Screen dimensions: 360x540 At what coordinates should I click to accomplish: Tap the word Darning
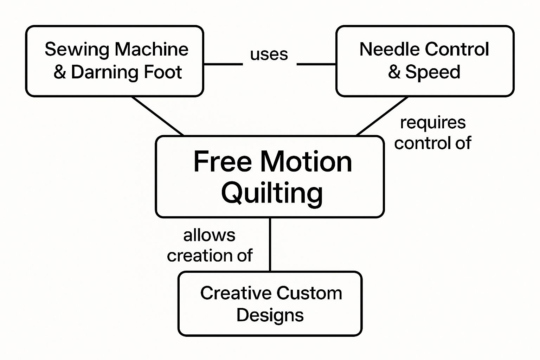click(x=100, y=72)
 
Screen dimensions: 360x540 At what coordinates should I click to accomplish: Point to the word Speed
click(x=433, y=72)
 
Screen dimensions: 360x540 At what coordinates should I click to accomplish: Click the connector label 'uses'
click(x=269, y=55)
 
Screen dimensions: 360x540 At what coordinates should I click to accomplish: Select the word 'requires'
click(x=433, y=123)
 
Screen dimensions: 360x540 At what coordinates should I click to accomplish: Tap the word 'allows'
click(x=209, y=236)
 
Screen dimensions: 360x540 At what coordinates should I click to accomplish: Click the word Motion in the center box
click(x=306, y=162)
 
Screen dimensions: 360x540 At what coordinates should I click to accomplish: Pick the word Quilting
click(x=272, y=193)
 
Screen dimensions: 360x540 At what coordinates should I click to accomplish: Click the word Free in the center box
click(x=223, y=162)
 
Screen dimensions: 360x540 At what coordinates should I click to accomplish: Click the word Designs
click(x=270, y=315)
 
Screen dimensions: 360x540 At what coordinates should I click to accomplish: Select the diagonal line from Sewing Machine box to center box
click(x=157, y=116)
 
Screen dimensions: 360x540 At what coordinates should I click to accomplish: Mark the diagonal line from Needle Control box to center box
click(x=382, y=116)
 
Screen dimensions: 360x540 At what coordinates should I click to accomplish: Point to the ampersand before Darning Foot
click(x=60, y=72)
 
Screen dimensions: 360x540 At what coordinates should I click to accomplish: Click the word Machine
click(x=152, y=50)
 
